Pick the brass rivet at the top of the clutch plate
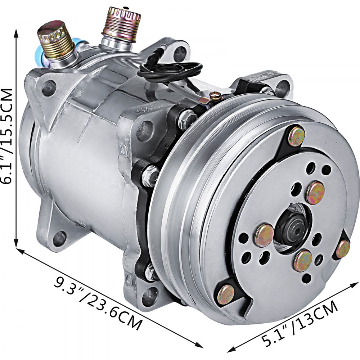(296, 136)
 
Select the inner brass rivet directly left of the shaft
(264, 235)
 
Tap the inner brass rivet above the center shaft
(315, 193)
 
